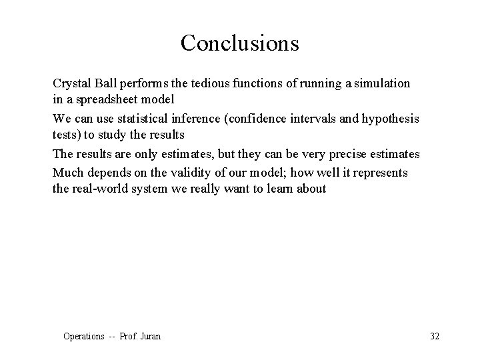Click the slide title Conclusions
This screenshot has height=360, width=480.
point(239,43)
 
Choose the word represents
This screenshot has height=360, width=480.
point(381,172)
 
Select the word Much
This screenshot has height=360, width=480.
point(67,172)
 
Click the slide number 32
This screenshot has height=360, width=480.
point(435,336)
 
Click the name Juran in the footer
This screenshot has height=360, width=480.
point(149,336)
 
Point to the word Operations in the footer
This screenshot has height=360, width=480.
point(84,336)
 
